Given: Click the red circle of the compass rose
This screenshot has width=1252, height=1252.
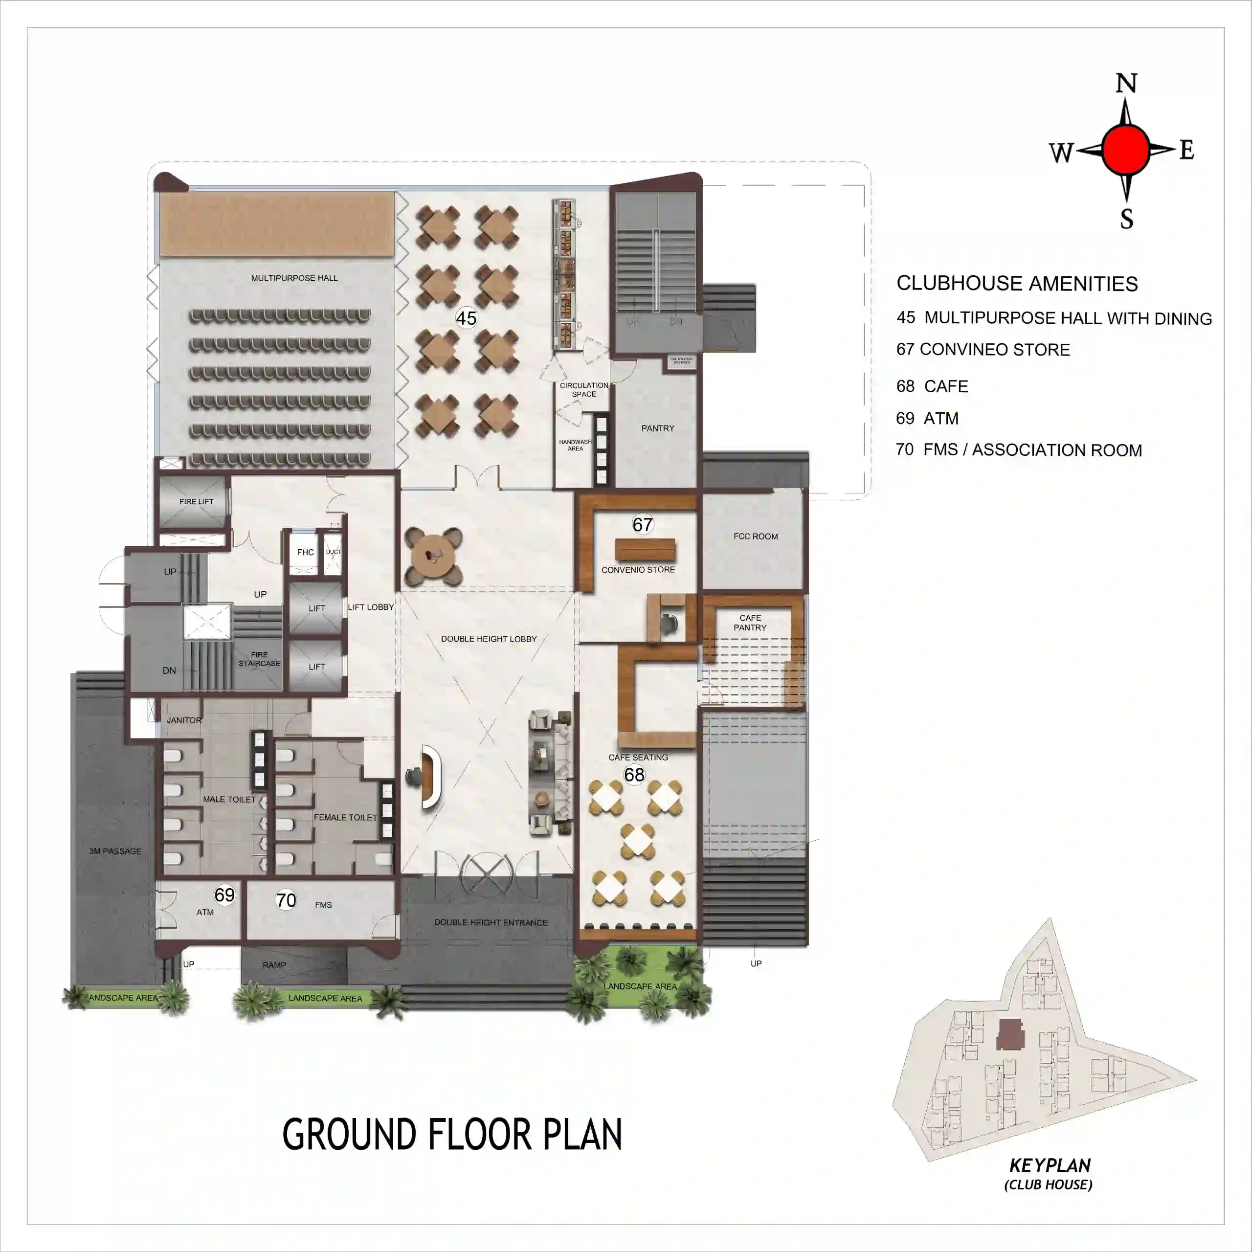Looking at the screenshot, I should point(1126,150).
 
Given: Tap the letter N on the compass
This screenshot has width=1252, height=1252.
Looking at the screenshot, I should point(1126,84).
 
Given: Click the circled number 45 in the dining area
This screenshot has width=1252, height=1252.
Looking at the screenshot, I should point(466,318).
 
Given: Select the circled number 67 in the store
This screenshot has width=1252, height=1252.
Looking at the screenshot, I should point(642,524).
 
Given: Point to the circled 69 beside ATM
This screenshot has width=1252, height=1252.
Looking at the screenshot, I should point(224,895).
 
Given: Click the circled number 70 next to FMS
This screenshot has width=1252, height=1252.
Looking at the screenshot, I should point(286,900).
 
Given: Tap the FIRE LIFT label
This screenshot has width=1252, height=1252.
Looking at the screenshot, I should point(196,502).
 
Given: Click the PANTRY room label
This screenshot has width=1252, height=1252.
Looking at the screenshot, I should point(657,428).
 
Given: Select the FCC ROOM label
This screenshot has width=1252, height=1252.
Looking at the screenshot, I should point(755,537).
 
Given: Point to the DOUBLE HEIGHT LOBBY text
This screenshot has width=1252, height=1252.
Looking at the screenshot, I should point(489,639).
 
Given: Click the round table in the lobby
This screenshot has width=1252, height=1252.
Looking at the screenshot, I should point(433,556).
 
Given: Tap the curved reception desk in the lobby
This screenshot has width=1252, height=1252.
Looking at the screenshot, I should point(430,777).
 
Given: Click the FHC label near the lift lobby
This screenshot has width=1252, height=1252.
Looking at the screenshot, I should point(305,552).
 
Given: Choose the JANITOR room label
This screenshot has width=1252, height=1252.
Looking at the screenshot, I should point(184,720).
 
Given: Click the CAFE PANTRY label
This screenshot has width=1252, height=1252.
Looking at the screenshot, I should point(750,623).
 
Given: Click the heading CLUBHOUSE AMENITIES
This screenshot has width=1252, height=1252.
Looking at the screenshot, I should point(1017,284).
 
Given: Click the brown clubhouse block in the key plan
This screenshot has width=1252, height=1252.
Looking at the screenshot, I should point(1009,1034).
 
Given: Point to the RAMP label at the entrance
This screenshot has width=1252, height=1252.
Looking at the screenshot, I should point(274,965).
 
